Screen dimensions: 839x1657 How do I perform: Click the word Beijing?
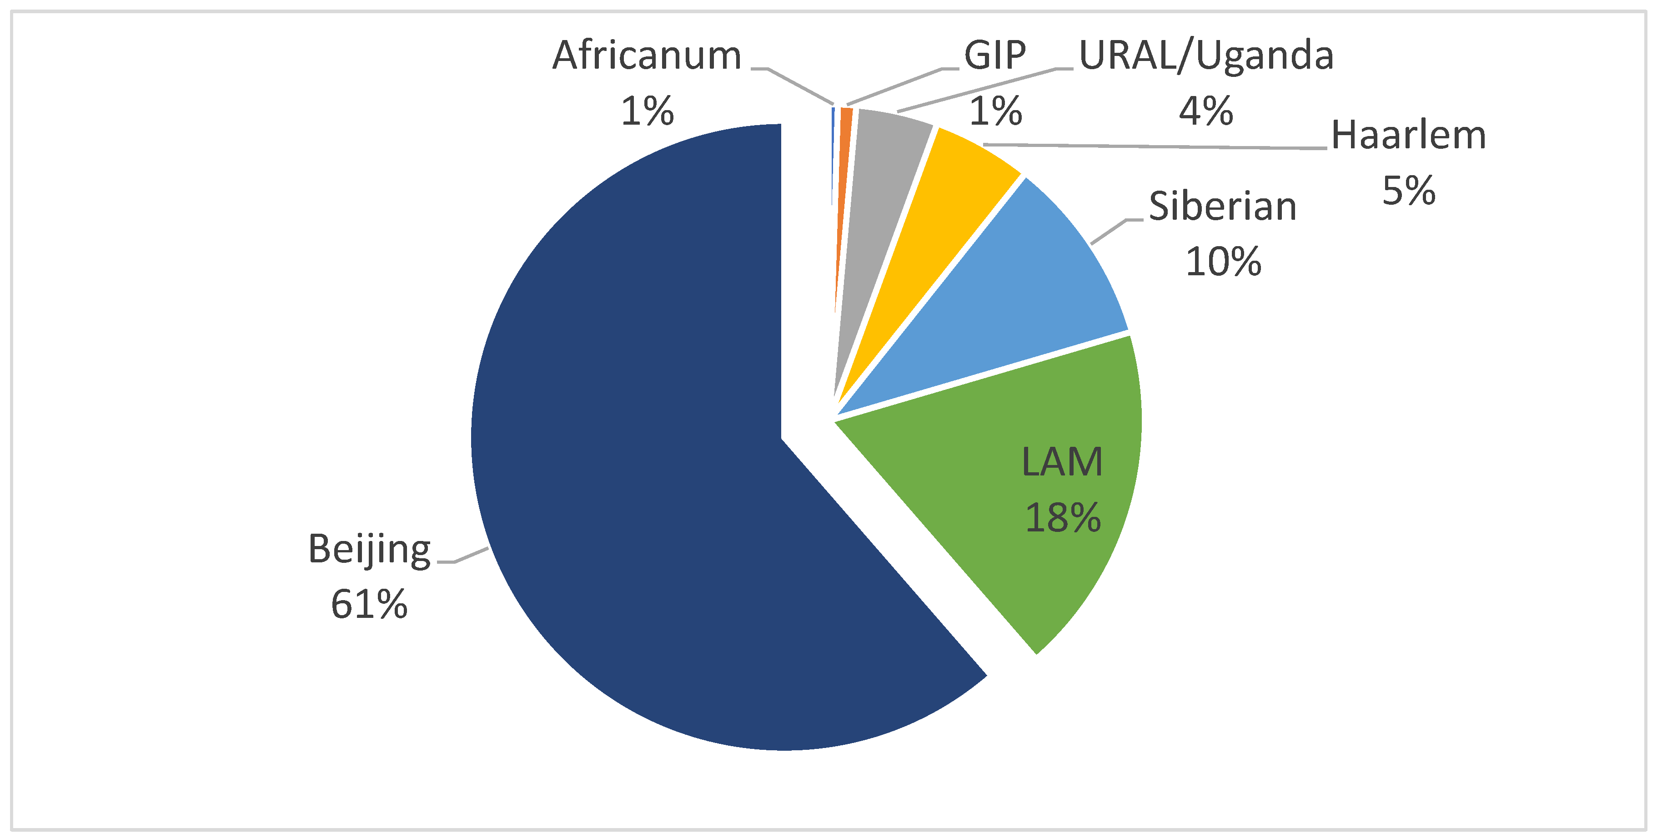click(369, 549)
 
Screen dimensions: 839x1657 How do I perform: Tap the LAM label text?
click(1062, 462)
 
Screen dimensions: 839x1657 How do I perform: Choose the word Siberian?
click(1222, 207)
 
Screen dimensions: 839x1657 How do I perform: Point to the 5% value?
click(1409, 191)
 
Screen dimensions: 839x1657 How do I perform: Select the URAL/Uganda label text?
click(1206, 56)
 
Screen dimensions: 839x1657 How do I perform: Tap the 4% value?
click(1205, 111)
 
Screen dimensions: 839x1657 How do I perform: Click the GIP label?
click(994, 56)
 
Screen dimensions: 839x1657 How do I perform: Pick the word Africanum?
click(647, 56)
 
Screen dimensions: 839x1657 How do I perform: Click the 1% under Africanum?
click(647, 111)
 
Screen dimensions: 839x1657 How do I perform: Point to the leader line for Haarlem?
click(1158, 147)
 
